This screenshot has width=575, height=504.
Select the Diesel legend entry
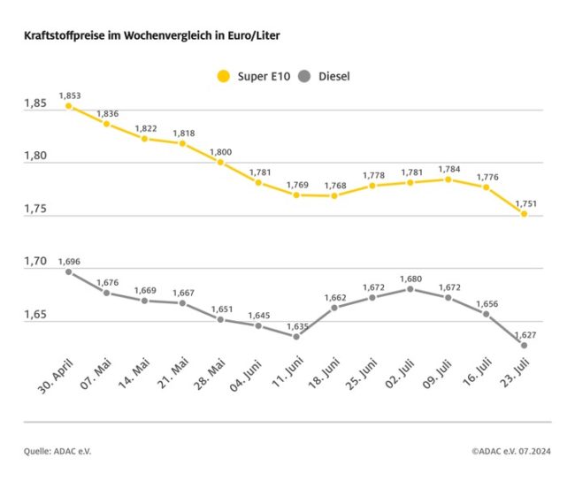(323, 76)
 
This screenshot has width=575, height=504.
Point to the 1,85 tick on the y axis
(35, 105)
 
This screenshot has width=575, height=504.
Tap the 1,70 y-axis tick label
(35, 263)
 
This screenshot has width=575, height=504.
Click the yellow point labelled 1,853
(69, 106)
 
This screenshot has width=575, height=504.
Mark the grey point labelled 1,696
(69, 271)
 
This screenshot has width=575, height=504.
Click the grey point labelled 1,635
(296, 336)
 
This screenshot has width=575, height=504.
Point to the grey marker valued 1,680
(410, 288)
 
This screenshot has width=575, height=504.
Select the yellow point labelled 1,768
(334, 195)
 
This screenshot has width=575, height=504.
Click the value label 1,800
(220, 153)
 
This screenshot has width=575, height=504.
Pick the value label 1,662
(334, 298)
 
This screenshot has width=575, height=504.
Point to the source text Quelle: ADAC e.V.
(57, 452)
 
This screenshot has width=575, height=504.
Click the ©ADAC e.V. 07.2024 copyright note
(510, 452)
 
